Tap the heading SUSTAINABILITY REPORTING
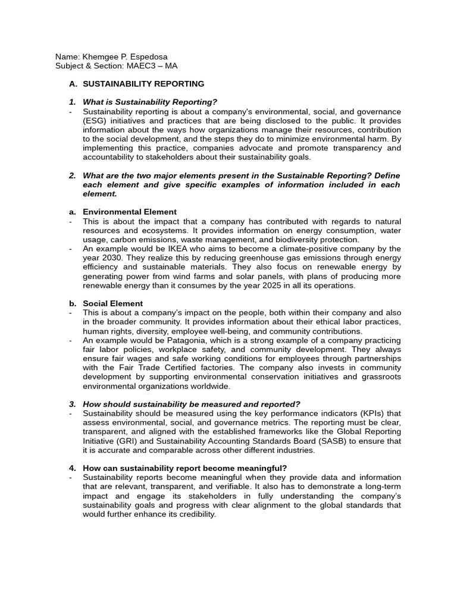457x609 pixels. pyautogui.click(x=143, y=84)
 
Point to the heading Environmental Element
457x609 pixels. pyautogui.click(x=129, y=212)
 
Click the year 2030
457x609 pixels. pyautogui.click(x=109, y=258)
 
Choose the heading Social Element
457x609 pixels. pyautogui.click(x=112, y=303)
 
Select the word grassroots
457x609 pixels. pyautogui.click(x=381, y=377)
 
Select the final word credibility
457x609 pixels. pyautogui.click(x=195, y=514)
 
